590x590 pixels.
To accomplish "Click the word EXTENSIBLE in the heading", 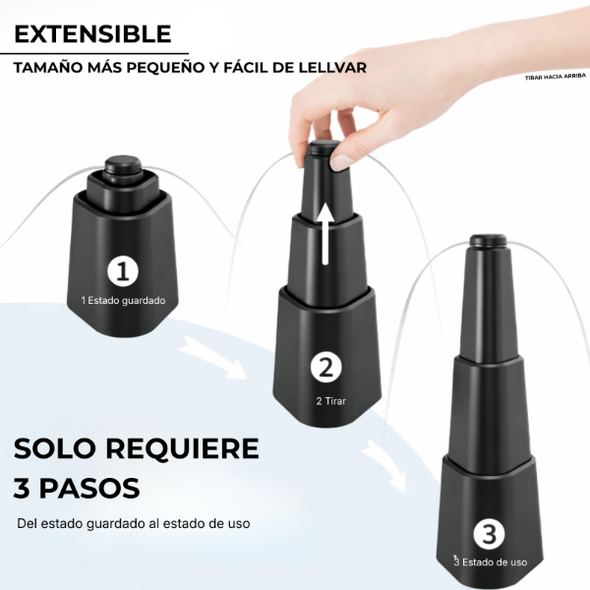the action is [92, 33].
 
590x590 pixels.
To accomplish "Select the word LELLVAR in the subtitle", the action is [332, 68].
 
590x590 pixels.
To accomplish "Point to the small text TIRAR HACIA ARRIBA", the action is [556, 77].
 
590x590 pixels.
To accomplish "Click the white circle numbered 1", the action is [123, 271].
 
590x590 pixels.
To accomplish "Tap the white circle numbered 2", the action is [326, 367].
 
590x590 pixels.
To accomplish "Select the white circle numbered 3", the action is [489, 534].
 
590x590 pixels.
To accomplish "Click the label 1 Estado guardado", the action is [123, 301].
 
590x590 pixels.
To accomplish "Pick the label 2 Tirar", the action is [330, 401].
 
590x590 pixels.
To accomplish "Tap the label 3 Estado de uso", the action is [490, 562].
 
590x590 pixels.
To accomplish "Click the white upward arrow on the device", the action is [325, 233].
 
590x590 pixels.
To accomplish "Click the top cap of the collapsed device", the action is [123, 166].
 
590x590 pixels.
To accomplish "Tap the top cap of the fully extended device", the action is [489, 240].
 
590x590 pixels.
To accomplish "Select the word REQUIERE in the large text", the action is [182, 448].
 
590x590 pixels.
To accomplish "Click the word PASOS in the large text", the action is [89, 489].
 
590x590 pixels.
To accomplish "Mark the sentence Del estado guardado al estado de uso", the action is [134, 523].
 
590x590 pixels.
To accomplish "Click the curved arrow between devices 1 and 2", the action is [213, 357].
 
